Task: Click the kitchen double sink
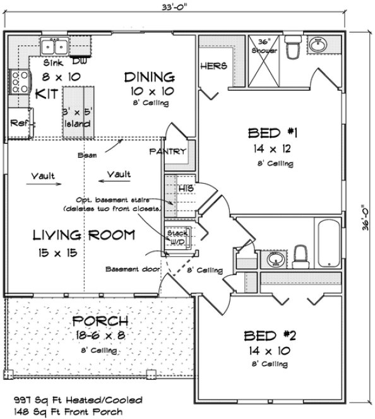(55, 47)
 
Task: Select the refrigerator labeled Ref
(19, 124)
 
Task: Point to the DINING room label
(149, 78)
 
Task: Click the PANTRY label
(168, 151)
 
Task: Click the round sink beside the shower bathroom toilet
(319, 45)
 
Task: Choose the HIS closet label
(184, 188)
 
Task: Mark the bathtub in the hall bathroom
(328, 245)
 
